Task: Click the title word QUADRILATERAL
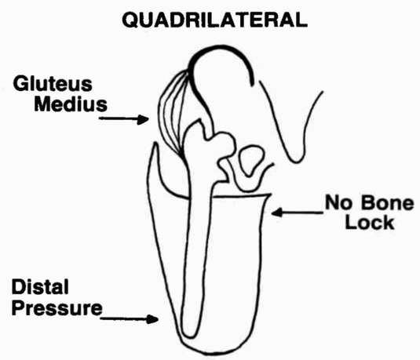[214, 20]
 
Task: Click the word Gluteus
[53, 84]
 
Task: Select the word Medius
[71, 104]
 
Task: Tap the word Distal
[40, 287]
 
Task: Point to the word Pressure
[57, 308]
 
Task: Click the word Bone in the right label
[387, 203]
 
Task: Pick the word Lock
[370, 223]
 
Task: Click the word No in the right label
[338, 203]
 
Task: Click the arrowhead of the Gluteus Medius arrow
[143, 119]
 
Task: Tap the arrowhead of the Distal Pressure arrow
[152, 319]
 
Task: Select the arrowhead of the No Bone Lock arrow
[277, 213]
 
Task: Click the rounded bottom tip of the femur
[190, 335]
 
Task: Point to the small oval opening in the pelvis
[251, 160]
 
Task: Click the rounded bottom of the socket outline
[212, 353]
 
